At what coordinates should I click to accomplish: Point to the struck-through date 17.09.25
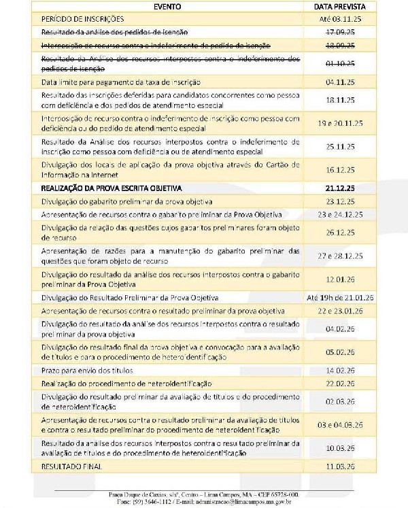click(x=333, y=32)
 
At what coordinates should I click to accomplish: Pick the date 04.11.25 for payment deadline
click(x=333, y=82)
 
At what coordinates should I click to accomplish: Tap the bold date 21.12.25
click(x=333, y=186)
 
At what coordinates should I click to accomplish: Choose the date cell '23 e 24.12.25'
click(x=333, y=214)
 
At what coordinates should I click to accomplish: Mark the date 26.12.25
click(x=333, y=232)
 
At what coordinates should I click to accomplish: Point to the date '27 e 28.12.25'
click(x=333, y=255)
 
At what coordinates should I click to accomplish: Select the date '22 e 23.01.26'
click(x=333, y=310)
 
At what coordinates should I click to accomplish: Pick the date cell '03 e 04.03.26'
click(x=333, y=425)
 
